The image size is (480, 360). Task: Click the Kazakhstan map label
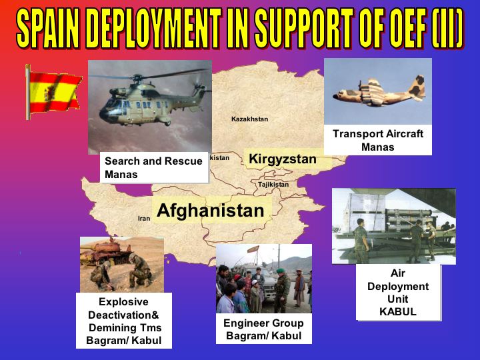(x=249, y=119)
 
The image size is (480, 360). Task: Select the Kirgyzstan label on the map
(x=283, y=159)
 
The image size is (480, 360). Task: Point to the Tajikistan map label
(x=273, y=185)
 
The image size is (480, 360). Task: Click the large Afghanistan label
(x=210, y=211)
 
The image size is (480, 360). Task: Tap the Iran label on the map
(x=144, y=218)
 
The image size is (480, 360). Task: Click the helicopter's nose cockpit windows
(x=112, y=106)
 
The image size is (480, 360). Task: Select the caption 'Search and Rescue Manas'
(x=153, y=167)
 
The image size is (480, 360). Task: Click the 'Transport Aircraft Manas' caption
(x=378, y=140)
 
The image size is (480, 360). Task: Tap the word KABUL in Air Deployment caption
(x=397, y=311)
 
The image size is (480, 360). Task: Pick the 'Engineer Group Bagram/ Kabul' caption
(x=263, y=329)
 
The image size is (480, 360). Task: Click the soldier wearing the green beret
(x=281, y=289)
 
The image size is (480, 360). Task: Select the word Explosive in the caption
(x=123, y=302)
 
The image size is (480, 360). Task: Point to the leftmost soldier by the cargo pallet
(x=361, y=241)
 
